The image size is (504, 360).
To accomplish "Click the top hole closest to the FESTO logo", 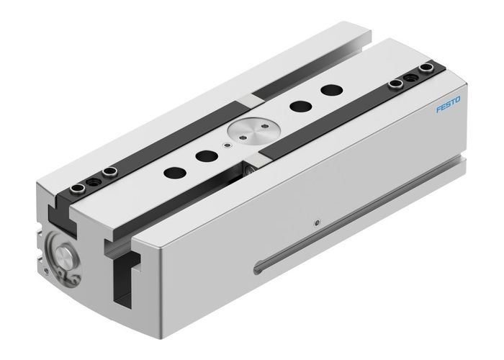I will [x=330, y=91].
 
